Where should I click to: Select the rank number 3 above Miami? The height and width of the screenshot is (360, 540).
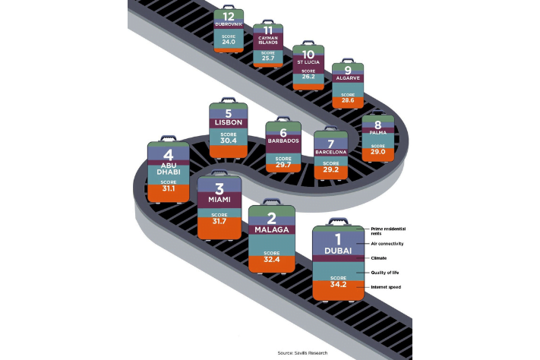219,188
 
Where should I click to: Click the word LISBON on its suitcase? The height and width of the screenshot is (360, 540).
228,122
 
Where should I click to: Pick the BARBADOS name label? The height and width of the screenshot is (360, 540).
283,141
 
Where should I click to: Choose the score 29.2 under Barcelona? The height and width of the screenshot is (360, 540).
330,169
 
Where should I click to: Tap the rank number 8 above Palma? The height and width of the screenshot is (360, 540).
377,124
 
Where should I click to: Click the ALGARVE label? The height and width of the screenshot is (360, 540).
347,77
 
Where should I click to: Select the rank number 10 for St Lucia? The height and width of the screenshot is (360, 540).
308,55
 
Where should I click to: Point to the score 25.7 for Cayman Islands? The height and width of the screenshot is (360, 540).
267,58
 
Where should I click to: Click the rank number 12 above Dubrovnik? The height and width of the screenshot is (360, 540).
229,16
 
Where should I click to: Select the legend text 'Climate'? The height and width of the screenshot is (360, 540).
379,258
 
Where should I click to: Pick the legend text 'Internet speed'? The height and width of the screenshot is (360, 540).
387,286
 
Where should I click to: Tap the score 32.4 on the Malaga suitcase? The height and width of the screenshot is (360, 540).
271,259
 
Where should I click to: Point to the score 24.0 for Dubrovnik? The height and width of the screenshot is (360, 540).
229,43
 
